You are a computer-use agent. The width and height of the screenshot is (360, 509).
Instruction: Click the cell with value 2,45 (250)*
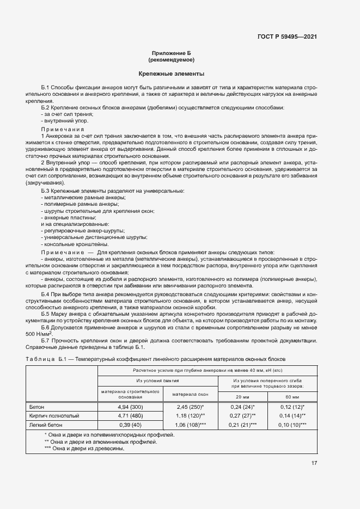click(190, 407)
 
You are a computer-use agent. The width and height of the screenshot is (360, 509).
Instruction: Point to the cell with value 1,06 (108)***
click(190, 425)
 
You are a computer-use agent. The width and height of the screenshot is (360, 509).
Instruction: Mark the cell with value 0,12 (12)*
click(292, 407)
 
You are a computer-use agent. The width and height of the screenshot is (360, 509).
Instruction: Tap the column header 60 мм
click(292, 397)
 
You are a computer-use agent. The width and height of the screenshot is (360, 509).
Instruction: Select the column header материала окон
click(190, 394)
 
